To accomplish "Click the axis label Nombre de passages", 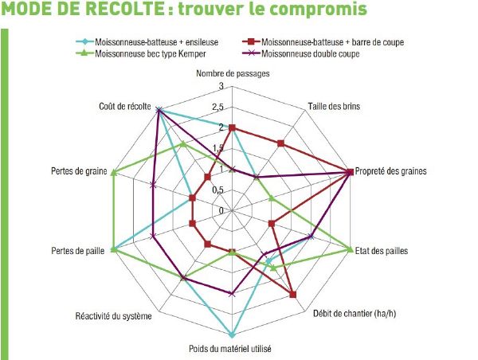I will click(232, 73).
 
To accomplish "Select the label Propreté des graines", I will click(391, 171).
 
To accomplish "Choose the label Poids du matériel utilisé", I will click(231, 348).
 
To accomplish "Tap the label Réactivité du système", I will click(109, 315).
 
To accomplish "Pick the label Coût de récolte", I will click(124, 107).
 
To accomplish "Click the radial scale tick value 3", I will click(221, 86).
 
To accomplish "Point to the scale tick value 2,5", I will click(219, 107).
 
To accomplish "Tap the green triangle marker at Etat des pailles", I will click(349, 250).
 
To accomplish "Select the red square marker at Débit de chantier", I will click(293, 295).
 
